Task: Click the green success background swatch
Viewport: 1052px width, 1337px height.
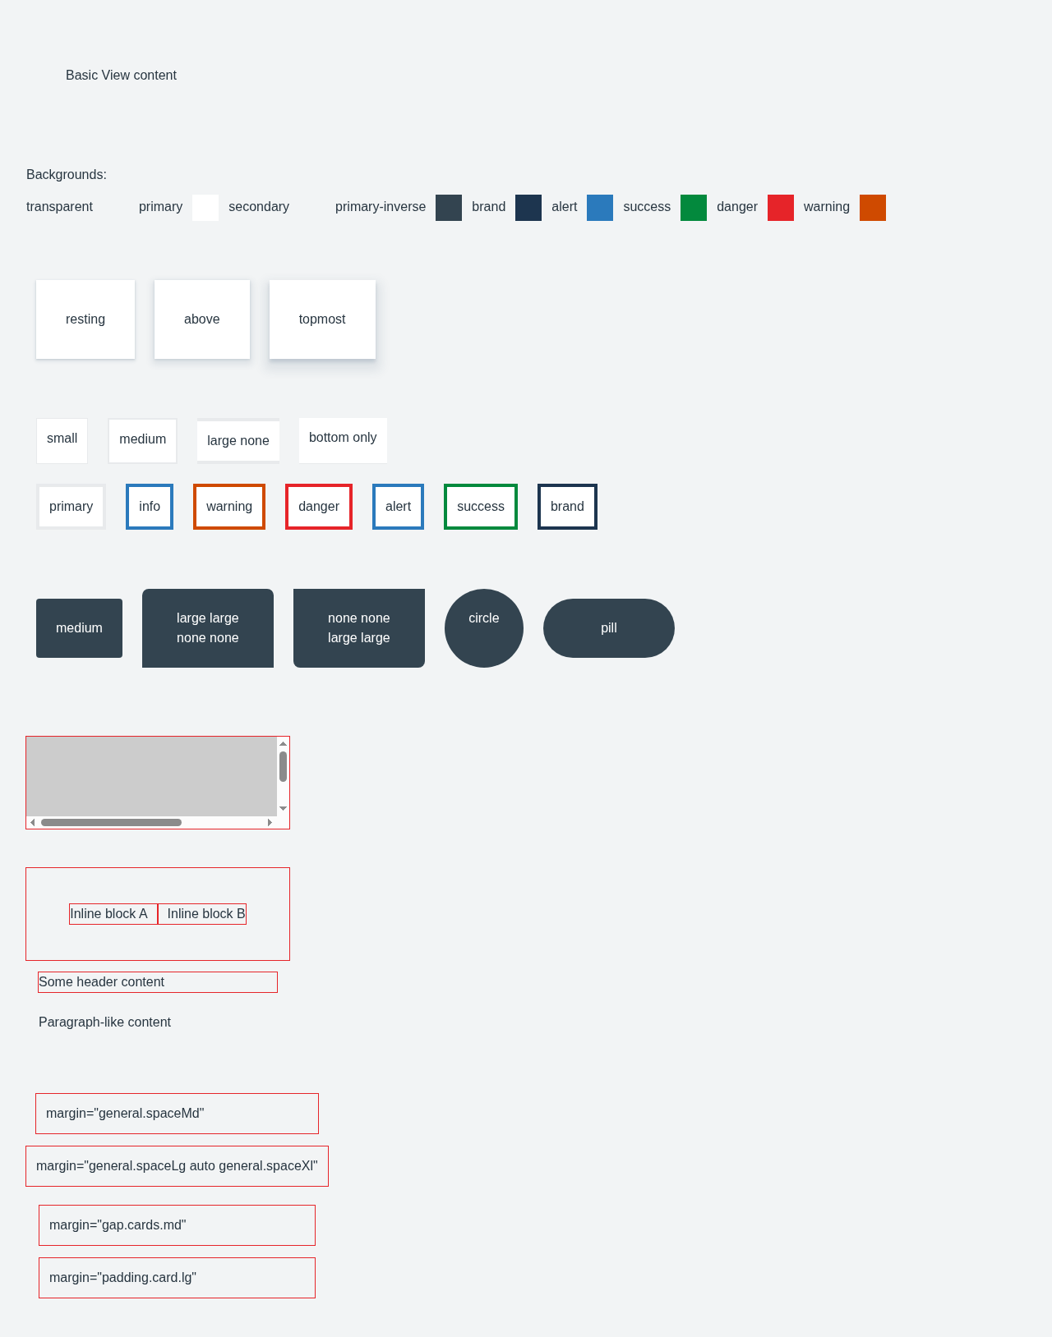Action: (693, 208)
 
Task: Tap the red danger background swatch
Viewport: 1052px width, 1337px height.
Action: (780, 208)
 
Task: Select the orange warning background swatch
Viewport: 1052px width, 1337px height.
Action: (872, 208)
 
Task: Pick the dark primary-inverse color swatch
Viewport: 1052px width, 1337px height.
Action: (448, 208)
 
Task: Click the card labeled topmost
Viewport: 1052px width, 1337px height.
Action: (322, 319)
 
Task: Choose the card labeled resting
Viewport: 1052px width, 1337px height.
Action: (85, 319)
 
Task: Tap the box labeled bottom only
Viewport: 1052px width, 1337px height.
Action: (343, 440)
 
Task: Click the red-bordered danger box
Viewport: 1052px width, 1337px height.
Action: (319, 507)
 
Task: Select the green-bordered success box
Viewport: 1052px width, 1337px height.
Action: (481, 507)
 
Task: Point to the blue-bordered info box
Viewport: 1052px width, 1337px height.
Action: (150, 507)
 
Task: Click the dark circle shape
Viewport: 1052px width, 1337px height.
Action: (484, 628)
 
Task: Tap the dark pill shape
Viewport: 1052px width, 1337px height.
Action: (609, 628)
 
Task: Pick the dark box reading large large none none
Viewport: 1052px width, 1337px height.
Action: (208, 628)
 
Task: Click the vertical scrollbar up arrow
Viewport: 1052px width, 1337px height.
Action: (283, 744)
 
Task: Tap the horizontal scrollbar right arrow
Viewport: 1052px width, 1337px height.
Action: (270, 823)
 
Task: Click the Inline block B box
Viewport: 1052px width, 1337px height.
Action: (202, 914)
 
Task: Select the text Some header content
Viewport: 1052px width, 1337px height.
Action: (101, 981)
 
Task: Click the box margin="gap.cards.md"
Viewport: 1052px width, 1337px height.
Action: (178, 1225)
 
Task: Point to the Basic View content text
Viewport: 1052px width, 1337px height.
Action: (122, 76)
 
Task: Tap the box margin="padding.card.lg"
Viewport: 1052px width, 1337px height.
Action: (178, 1278)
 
